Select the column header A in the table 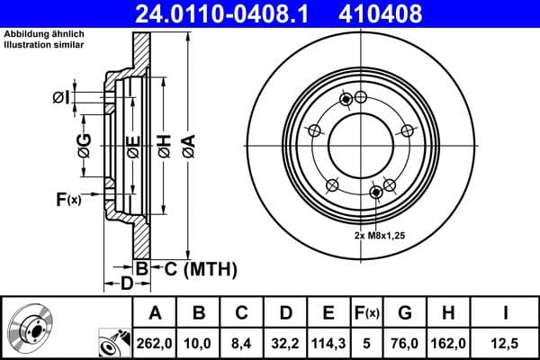155,312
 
